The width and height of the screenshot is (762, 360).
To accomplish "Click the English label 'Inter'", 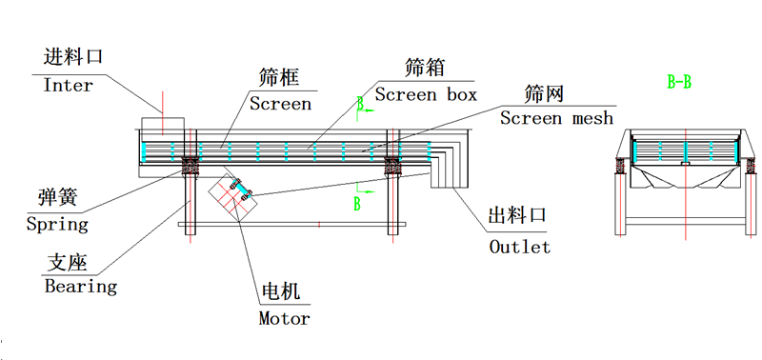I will (x=69, y=86).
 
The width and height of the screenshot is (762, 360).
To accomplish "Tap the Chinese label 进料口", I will (x=73, y=58).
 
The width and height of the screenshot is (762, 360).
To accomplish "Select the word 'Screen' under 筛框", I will (x=280, y=104).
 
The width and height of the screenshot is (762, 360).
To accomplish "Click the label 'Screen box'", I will (x=425, y=94).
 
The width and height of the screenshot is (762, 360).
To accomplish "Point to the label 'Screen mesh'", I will (x=556, y=118).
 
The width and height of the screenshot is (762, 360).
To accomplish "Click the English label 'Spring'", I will (x=57, y=225).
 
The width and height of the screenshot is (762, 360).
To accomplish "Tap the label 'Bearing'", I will (x=80, y=286).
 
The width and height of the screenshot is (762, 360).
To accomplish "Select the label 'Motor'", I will (x=284, y=318).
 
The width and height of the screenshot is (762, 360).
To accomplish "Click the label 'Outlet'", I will (x=519, y=247).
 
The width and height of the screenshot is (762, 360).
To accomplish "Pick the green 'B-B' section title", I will (x=679, y=83).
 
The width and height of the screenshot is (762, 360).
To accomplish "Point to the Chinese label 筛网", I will (x=545, y=93).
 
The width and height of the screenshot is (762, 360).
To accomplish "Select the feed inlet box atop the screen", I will (x=163, y=125).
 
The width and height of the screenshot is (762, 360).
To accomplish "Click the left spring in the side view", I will (x=190, y=168).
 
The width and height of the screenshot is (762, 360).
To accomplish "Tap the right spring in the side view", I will (x=391, y=168).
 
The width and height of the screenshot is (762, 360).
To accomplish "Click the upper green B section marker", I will (x=360, y=102).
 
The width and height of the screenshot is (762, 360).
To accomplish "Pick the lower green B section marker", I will (x=358, y=202).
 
